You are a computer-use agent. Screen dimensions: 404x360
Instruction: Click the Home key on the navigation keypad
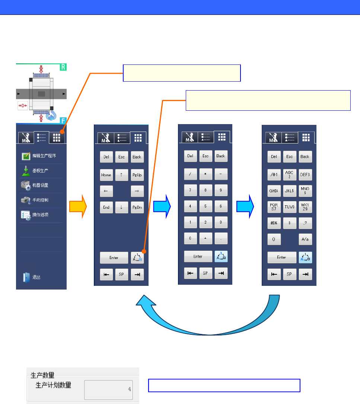pos(106,175)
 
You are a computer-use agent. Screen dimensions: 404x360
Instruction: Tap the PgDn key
pos(137,207)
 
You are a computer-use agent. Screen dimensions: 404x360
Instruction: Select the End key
pos(106,207)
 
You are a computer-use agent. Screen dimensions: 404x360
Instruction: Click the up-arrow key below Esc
pos(121,175)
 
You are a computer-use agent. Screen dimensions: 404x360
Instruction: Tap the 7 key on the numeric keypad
pos(190,190)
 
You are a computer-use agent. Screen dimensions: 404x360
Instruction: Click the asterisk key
pos(206,174)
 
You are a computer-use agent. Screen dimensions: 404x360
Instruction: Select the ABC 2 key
pos(289,174)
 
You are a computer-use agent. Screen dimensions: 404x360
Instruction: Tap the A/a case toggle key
pos(305,239)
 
